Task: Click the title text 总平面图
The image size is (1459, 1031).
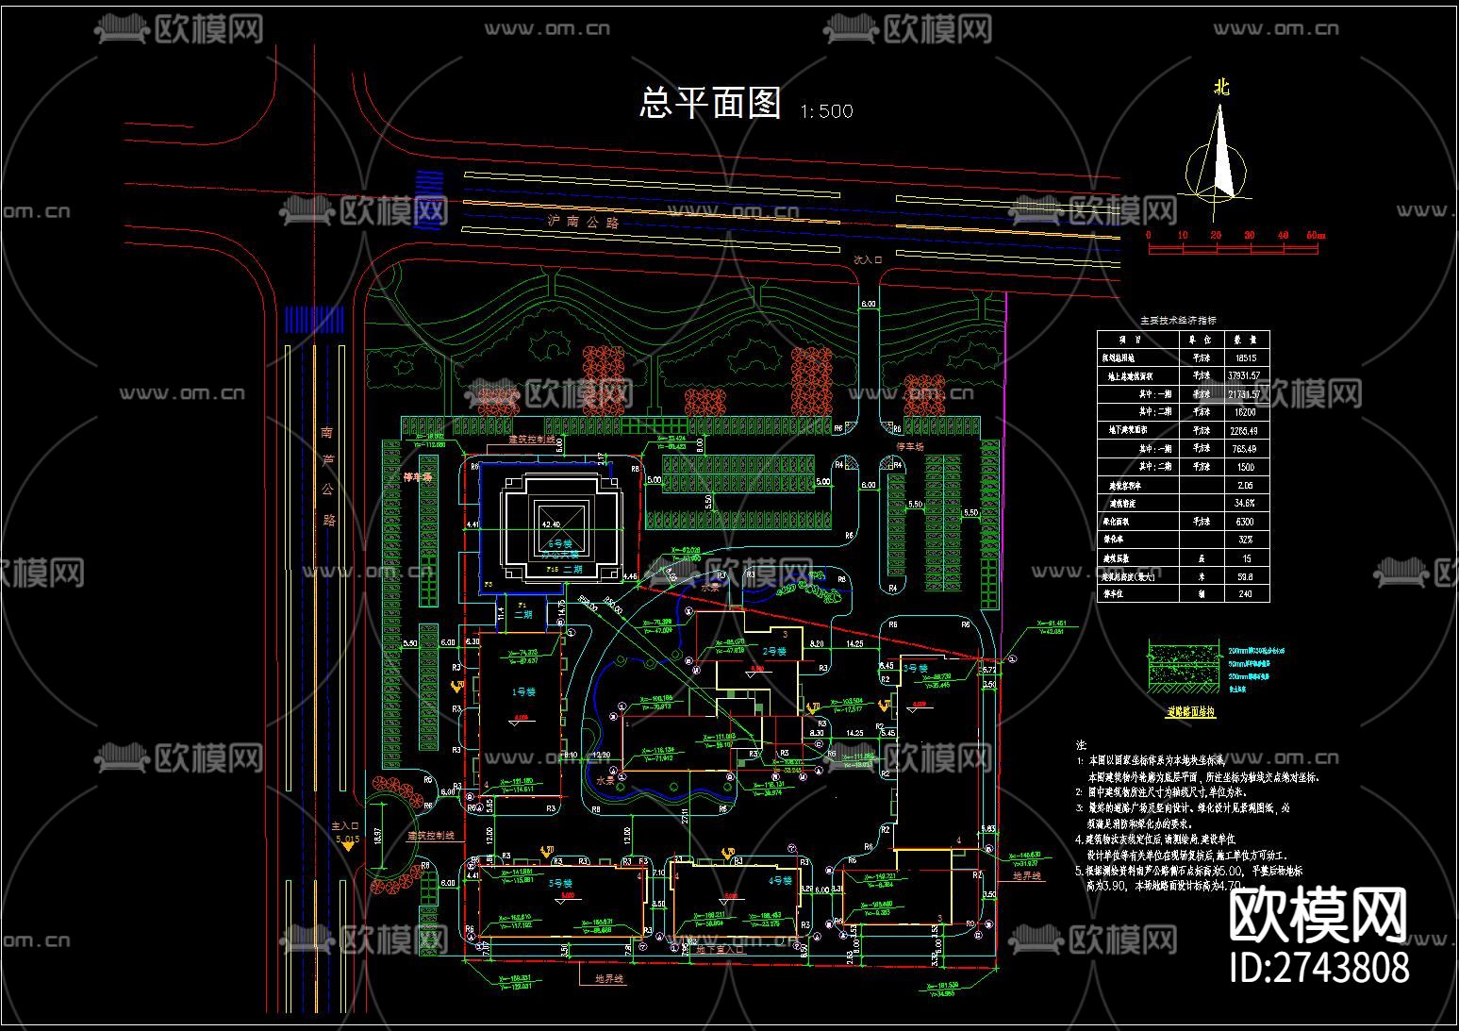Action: pyautogui.click(x=710, y=102)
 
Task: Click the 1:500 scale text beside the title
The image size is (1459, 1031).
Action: pyautogui.click(x=826, y=111)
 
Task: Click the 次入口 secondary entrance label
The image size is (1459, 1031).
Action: pyautogui.click(x=867, y=258)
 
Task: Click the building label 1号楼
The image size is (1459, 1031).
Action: pyautogui.click(x=523, y=691)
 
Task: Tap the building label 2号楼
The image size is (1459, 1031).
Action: pyautogui.click(x=774, y=651)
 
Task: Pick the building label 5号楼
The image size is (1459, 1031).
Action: pyautogui.click(x=561, y=884)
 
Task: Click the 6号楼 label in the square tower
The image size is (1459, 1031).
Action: pyautogui.click(x=559, y=544)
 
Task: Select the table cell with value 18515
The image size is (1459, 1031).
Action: pyautogui.click(x=1246, y=358)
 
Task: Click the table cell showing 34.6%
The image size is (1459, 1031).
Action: pyautogui.click(x=1246, y=504)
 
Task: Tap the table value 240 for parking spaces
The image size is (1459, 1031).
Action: pyautogui.click(x=1246, y=594)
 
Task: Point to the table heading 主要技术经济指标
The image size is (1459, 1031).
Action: pyautogui.click(x=1179, y=321)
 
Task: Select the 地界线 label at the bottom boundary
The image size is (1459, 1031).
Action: pyautogui.click(x=609, y=979)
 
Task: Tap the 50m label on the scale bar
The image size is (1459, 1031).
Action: pyautogui.click(x=1314, y=235)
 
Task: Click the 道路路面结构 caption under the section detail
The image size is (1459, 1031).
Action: pyautogui.click(x=1191, y=713)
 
